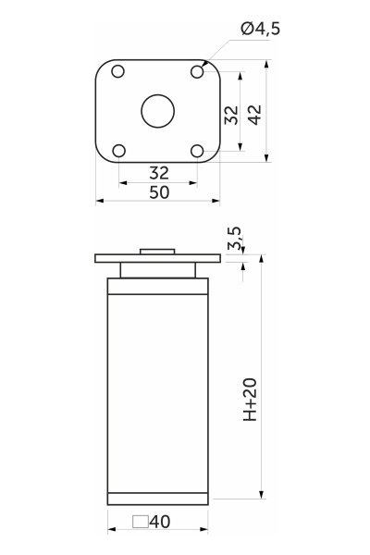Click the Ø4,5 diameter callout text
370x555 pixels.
click(x=260, y=29)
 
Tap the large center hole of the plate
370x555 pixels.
click(x=158, y=111)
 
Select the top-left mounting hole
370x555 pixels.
click(x=117, y=71)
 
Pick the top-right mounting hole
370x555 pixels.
click(x=197, y=72)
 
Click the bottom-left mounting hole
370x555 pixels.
click(x=119, y=151)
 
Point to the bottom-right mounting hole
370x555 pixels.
click(x=197, y=151)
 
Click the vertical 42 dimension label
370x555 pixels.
click(x=254, y=115)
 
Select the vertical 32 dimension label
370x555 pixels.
click(x=232, y=115)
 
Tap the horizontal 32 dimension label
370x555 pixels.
click(x=159, y=173)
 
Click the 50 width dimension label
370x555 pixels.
click(x=159, y=192)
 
